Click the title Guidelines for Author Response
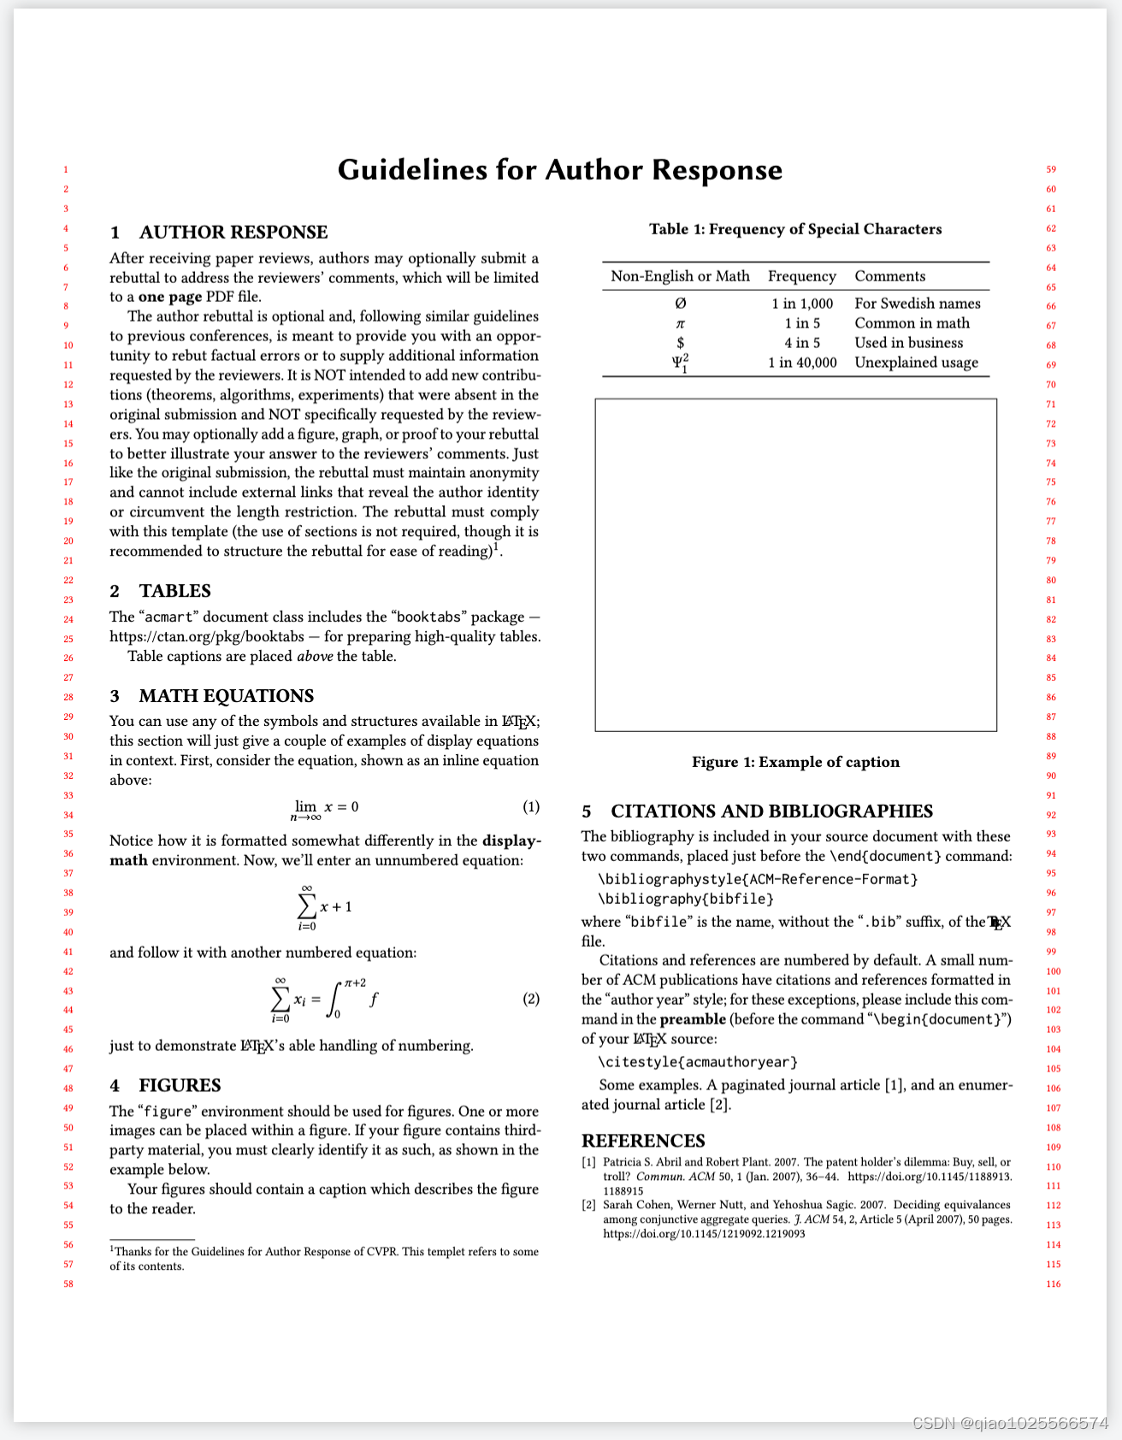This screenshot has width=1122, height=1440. click(x=560, y=169)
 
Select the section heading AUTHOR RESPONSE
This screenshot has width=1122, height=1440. click(x=233, y=233)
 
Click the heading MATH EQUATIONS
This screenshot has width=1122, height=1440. click(x=227, y=696)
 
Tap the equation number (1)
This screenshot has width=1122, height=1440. click(x=531, y=806)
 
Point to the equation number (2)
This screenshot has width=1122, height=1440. click(x=531, y=999)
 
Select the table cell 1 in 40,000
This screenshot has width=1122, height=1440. click(x=802, y=363)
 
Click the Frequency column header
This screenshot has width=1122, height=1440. click(x=802, y=276)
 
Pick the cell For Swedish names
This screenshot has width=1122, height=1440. click(x=918, y=304)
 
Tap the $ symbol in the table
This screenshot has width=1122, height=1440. click(x=680, y=343)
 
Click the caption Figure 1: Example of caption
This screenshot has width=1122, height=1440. click(x=795, y=762)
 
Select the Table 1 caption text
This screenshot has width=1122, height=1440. click(x=795, y=229)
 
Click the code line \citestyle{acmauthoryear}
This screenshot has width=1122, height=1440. click(x=698, y=1062)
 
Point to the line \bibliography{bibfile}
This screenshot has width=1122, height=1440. click(x=686, y=899)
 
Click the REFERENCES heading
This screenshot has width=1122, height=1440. click(x=643, y=1141)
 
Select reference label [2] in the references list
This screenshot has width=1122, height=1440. click(x=588, y=1205)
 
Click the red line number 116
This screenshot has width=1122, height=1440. click(x=1053, y=1284)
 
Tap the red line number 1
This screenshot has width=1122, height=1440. click(x=66, y=170)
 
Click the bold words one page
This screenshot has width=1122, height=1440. click(x=170, y=297)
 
